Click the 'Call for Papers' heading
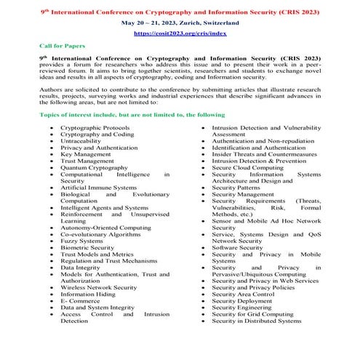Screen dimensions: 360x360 [59, 45]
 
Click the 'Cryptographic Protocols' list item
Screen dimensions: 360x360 [93, 127]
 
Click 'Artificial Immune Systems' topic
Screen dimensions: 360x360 [97, 188]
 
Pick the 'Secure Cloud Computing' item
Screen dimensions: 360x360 [247, 167]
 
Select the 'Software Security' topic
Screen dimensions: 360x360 [239, 247]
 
